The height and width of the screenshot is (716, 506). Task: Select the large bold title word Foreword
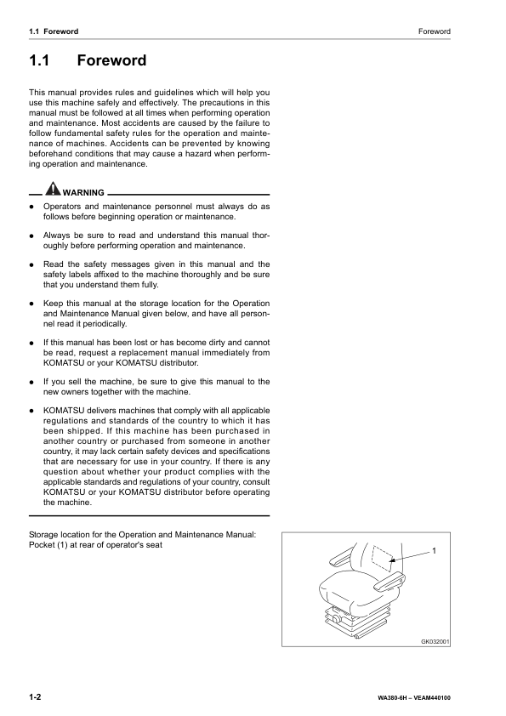pos(111,61)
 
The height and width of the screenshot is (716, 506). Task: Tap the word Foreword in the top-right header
pos(434,31)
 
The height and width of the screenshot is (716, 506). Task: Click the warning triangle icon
pos(54,189)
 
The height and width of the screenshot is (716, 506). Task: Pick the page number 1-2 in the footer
pos(36,697)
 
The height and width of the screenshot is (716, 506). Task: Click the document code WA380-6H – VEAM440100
pos(414,698)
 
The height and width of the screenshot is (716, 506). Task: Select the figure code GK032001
pos(435,642)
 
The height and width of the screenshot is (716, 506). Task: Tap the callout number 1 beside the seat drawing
pos(435,552)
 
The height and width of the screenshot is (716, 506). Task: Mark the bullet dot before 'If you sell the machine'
pos(31,382)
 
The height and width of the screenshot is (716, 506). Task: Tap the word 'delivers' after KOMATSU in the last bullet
pos(100,410)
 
